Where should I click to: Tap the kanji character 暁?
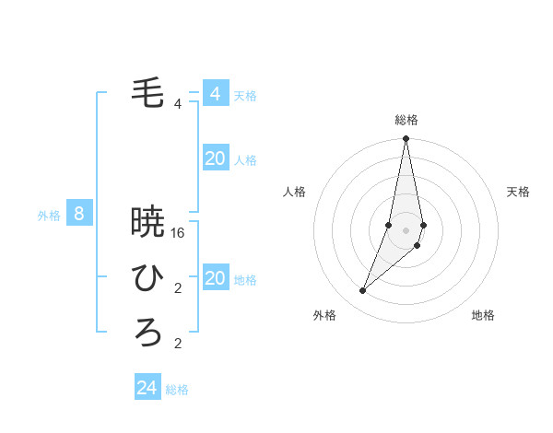pos(147,222)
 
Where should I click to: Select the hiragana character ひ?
pos(147,276)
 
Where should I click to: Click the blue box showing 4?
pos(215,94)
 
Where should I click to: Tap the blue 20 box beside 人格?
pos(215,158)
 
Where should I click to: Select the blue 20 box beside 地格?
pos(215,278)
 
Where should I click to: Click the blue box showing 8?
pos(79,215)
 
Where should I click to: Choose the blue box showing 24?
pos(147,388)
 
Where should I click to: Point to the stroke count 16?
pos(179,233)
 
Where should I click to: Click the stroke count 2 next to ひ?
pos(178,288)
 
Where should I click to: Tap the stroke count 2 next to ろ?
pos(178,345)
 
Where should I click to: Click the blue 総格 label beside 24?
pos(177,390)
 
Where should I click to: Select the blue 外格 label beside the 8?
pos(49,216)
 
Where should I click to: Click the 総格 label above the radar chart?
pos(406,120)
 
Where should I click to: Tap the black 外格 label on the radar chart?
pos(324,315)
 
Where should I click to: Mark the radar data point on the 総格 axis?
pos(406,139)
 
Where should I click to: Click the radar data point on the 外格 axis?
pos(362,291)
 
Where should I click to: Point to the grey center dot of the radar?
pos(406,229)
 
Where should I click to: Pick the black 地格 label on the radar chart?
pos(483,315)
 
